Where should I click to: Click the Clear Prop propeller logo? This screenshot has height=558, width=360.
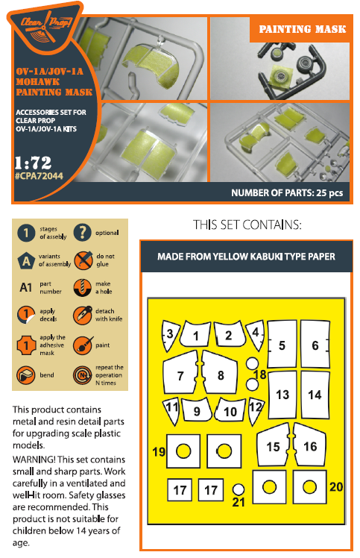[x=45, y=28]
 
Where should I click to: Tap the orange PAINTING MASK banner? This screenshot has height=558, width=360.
[x=301, y=29]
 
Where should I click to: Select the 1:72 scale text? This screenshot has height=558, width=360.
[x=33, y=163]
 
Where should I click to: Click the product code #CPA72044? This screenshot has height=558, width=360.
[x=39, y=176]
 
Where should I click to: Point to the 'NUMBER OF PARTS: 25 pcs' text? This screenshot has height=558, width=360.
[x=287, y=193]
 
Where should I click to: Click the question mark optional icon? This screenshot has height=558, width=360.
[x=83, y=233]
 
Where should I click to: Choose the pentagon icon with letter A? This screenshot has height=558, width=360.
[x=26, y=261]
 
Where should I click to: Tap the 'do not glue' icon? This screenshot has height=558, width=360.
[x=83, y=260]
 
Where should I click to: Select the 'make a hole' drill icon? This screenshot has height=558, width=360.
[x=83, y=287]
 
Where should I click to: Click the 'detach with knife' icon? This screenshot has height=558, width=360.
[x=83, y=315]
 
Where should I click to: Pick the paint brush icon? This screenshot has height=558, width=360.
[x=83, y=345]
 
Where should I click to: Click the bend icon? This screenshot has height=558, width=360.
[x=26, y=375]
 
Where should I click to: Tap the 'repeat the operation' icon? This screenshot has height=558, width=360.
[x=83, y=375]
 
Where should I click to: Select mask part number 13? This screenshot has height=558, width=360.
[x=282, y=395]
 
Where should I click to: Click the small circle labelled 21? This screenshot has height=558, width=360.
[x=239, y=489]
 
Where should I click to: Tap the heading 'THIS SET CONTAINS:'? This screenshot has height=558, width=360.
[x=247, y=225]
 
